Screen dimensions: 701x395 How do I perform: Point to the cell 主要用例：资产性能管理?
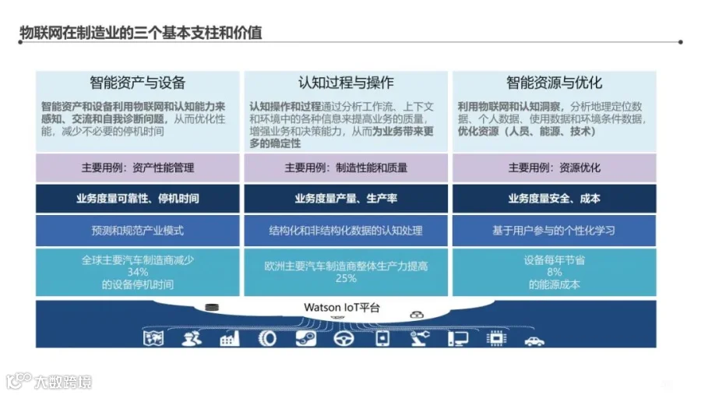click(x=137, y=168)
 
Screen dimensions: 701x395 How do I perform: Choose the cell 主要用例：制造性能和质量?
click(x=346, y=168)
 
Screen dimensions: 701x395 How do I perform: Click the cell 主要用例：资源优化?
click(x=554, y=168)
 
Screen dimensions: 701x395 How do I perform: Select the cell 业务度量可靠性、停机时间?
click(x=137, y=199)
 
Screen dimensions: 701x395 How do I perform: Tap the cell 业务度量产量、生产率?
click(x=346, y=199)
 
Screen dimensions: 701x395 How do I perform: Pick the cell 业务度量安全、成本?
click(x=554, y=199)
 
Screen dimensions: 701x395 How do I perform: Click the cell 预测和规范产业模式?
click(x=137, y=231)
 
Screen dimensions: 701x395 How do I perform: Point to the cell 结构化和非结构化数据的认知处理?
click(x=346, y=231)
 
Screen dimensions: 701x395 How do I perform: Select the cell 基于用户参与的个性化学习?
click(x=554, y=231)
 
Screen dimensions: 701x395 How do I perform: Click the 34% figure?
click(x=137, y=272)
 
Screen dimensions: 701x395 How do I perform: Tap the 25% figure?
click(x=346, y=278)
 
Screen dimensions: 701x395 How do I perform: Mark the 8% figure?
click(x=554, y=272)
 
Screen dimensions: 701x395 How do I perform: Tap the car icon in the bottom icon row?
click(x=534, y=339)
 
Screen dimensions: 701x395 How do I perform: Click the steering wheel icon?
click(x=343, y=339)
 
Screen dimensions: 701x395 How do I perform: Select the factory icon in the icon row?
click(x=230, y=339)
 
